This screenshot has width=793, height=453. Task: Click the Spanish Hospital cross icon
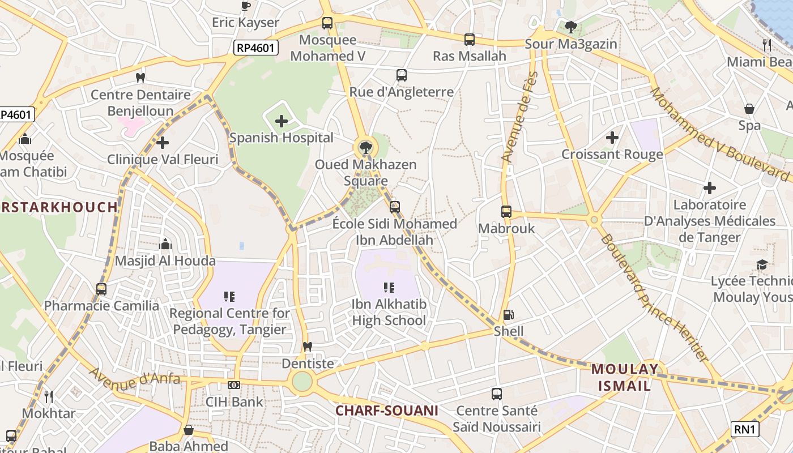(282, 121)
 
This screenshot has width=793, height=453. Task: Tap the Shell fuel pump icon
(509, 315)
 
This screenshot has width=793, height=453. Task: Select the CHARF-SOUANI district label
(387, 411)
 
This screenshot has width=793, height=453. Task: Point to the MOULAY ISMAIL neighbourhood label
(625, 378)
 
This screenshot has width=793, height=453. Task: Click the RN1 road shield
(744, 429)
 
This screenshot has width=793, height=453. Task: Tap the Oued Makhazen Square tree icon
(366, 148)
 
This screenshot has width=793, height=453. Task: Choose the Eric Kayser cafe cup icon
(245, 6)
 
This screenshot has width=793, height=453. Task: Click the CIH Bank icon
(234, 385)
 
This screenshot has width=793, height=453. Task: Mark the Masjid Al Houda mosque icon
(165, 244)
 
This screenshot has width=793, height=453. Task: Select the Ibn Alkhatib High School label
(389, 313)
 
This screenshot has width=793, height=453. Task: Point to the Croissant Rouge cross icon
(612, 137)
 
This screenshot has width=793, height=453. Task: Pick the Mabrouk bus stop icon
(506, 212)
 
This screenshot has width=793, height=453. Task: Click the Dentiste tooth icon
(308, 347)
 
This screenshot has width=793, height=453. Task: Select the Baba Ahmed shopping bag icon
(189, 430)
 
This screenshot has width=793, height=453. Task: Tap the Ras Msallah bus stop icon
(469, 39)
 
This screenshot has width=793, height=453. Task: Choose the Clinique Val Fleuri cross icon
(163, 143)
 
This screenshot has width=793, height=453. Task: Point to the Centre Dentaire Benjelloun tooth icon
(140, 78)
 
